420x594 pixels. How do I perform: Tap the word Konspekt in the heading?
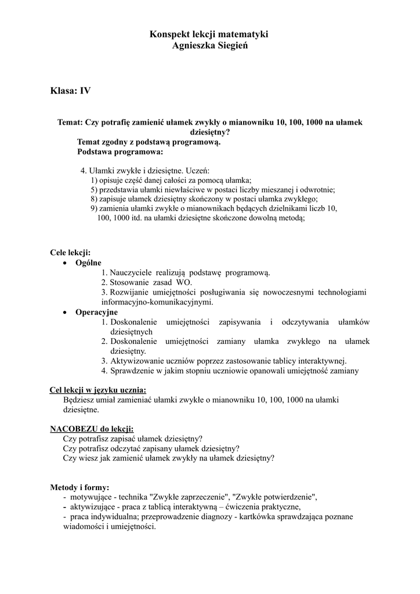(x=168, y=35)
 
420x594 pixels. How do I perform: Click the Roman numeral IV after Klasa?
(x=85, y=90)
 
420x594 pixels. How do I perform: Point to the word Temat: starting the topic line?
(x=70, y=122)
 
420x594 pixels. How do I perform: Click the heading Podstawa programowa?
(x=120, y=153)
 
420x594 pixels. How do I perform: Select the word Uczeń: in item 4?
(x=198, y=171)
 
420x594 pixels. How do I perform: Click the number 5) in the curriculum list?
(x=95, y=190)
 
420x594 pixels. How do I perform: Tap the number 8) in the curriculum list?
(x=95, y=198)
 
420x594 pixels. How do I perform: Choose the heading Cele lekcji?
(x=70, y=253)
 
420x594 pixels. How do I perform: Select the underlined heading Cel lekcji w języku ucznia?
(x=98, y=390)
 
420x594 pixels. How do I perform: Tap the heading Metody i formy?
(x=79, y=488)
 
